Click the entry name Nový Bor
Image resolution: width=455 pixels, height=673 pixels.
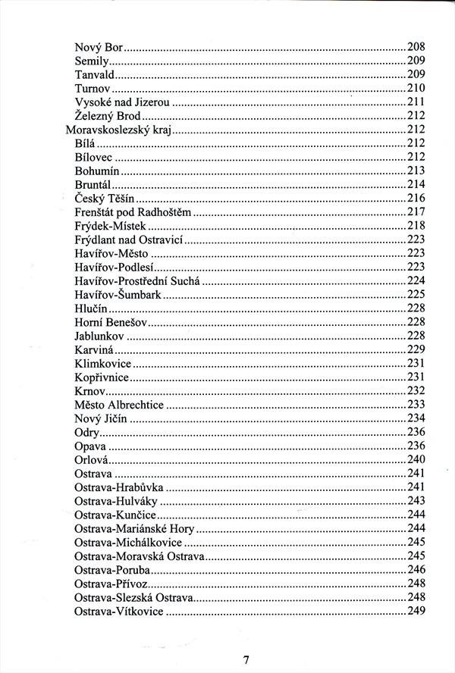coord(99,47)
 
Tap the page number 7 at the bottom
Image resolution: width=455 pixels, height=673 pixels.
coord(246,660)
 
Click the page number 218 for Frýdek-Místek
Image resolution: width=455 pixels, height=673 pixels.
coord(416,226)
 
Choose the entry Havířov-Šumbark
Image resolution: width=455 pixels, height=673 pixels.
coord(118,294)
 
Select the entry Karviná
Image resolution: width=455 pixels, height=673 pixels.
coord(95,349)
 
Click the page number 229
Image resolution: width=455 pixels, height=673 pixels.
coord(416,349)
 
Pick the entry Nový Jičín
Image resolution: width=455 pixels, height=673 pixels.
coord(101,418)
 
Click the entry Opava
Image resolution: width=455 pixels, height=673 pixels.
coord(90,446)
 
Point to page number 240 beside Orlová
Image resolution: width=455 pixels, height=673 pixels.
coord(416,459)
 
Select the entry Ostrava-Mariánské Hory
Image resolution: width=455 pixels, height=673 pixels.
coord(134,528)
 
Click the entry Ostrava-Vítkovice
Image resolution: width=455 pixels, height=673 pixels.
coord(119,611)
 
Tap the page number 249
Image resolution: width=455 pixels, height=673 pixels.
coord(416,611)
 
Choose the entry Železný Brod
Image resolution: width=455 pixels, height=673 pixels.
coord(108,116)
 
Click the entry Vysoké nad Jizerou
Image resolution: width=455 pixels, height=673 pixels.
coord(122,102)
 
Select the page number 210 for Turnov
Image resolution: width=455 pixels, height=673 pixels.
coord(416,88)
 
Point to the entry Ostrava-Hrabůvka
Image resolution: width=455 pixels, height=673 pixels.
coord(119,487)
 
